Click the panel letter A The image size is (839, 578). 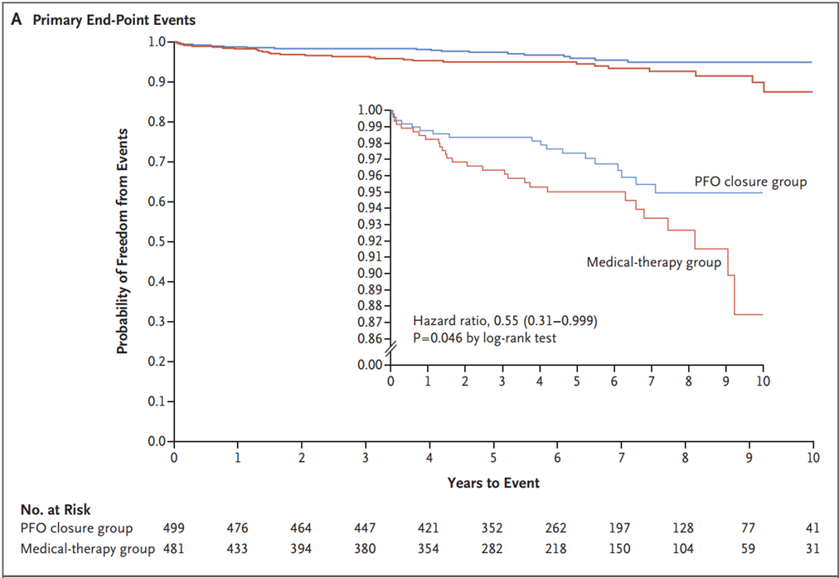tap(17, 20)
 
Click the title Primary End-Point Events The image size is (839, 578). tap(114, 21)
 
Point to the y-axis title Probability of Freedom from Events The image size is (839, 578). tap(123, 240)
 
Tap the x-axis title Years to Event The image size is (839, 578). tap(493, 483)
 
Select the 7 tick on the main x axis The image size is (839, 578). tap(621, 458)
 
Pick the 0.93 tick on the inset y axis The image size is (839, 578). tap(371, 224)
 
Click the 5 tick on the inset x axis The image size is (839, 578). tap(577, 381)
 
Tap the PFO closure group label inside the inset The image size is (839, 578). tap(751, 182)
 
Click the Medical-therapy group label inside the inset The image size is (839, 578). tap(654, 262)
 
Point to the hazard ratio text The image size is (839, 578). tap(505, 321)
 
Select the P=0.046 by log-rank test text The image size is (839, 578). tap(485, 338)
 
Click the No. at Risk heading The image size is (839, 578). tap(56, 509)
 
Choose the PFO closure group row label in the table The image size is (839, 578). tap(76, 528)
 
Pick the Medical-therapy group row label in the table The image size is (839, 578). tap(88, 549)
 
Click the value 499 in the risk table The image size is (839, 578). tap(173, 528)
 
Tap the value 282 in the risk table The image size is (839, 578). tap(492, 549)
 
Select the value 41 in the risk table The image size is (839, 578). tap(812, 528)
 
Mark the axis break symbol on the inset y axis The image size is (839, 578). tap(390, 348)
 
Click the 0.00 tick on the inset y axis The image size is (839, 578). tap(371, 365)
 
